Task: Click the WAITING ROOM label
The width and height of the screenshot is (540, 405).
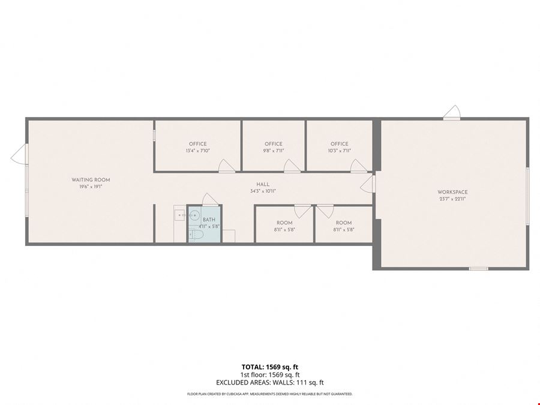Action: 91,180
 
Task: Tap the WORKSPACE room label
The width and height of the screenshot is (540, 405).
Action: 452,192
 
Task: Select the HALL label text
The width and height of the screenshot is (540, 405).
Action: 263,185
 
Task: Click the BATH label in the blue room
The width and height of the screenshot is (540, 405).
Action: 209,220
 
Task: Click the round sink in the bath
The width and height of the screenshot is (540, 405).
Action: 194,215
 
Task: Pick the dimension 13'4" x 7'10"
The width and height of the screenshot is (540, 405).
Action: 197,151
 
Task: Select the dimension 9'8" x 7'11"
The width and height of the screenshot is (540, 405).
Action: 274,151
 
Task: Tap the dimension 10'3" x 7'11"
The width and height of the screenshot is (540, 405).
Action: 340,151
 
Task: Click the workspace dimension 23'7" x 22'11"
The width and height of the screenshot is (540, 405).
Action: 452,199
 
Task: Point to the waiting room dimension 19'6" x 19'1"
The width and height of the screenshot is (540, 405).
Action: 91,187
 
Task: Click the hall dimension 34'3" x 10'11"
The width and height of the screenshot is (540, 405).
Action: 263,191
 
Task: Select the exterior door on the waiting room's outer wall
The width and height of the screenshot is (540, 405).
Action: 20,154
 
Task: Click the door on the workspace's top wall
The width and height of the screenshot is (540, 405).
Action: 452,113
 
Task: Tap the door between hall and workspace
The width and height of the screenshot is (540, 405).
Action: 367,184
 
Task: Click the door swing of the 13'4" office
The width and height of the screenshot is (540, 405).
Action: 227,166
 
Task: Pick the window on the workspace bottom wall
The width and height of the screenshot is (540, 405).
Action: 479,269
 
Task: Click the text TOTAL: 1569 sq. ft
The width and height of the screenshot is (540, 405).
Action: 269,367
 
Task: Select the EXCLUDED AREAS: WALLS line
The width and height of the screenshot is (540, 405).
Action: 269,383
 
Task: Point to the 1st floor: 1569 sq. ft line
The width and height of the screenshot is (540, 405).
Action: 269,375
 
